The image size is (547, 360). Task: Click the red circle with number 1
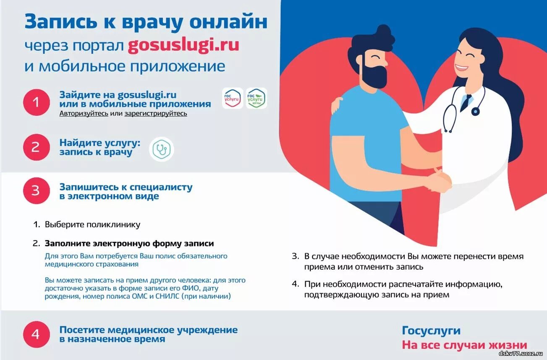(37, 102)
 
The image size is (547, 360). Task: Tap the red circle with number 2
(37, 147)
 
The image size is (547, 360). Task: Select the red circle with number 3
(37, 190)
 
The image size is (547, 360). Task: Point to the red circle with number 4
(37, 334)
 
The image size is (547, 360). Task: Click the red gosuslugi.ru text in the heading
(183, 45)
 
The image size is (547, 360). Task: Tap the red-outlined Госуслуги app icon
(232, 99)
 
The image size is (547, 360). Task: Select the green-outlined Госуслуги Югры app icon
(256, 99)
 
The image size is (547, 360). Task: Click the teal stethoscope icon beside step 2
(161, 149)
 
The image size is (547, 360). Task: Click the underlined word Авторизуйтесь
(84, 113)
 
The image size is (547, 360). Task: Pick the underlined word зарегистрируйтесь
(156, 113)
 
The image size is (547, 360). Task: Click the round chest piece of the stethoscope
(475, 111)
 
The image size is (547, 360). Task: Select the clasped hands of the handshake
(439, 183)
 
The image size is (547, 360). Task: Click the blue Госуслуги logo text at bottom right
(431, 331)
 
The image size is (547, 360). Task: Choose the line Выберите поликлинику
(92, 224)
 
